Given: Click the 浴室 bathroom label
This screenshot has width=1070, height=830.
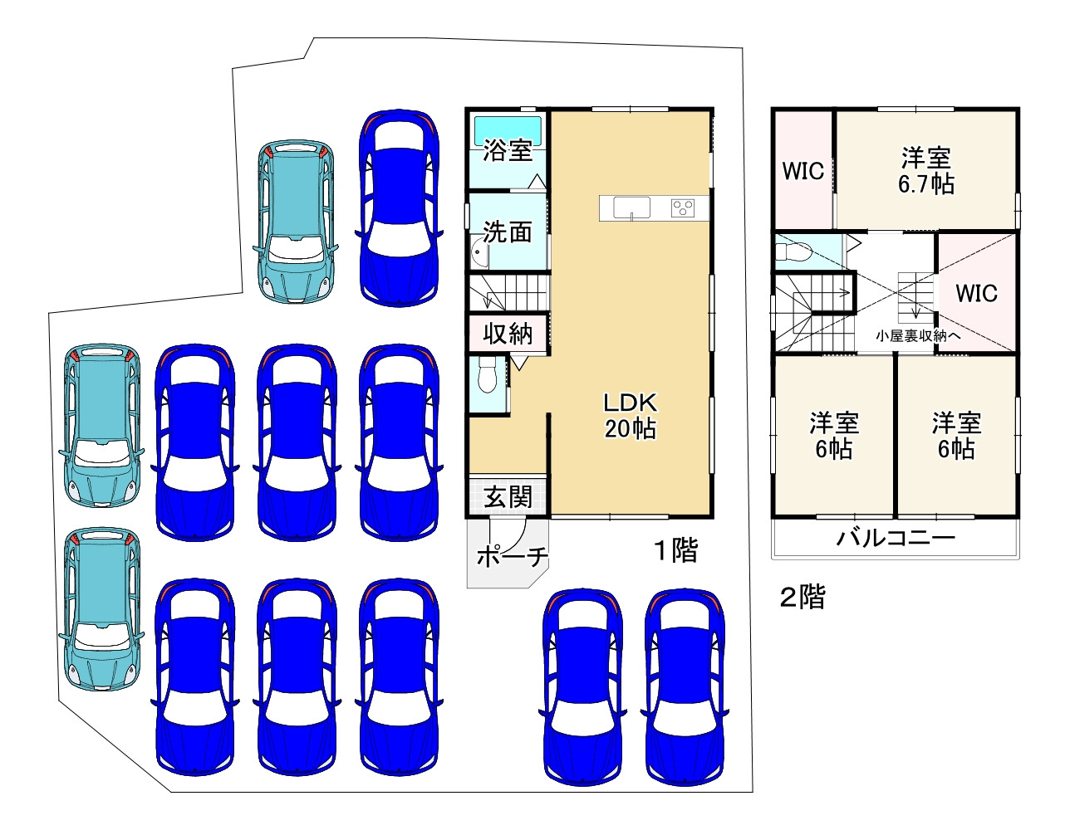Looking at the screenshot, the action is coord(508,150).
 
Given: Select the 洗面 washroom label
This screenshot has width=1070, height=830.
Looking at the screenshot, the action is coord(508,232).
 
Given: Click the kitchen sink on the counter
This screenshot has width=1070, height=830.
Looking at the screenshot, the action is coord(631,207).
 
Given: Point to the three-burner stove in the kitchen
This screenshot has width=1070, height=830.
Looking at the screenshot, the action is coord(683,207).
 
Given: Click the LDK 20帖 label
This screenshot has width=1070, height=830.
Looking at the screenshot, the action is coord(631,416).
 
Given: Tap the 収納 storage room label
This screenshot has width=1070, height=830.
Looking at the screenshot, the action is coord(508,334).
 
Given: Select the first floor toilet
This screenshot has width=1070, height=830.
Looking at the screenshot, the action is coord(488,375).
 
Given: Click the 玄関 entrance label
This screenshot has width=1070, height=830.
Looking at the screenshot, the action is coord(508,496).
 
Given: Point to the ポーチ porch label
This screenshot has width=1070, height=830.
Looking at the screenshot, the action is coord(512,556).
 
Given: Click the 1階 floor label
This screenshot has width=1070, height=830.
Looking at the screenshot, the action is coord(675,550).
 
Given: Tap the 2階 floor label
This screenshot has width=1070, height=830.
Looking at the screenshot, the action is coord(802,598).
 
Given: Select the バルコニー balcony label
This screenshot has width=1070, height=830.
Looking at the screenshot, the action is coord(896,538).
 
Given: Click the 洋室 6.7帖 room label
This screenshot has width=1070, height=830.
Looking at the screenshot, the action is coord(925,171).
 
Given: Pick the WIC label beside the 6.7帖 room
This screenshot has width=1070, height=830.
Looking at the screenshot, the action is coord(803,171).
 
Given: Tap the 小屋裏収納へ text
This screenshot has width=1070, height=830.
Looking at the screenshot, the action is coord(918,335).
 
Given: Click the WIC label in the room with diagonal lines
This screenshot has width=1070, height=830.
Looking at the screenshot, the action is coord(976,293).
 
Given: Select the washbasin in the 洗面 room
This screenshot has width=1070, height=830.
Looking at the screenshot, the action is coord(479,251).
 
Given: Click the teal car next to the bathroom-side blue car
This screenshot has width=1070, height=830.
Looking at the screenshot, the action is coord(296,221).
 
